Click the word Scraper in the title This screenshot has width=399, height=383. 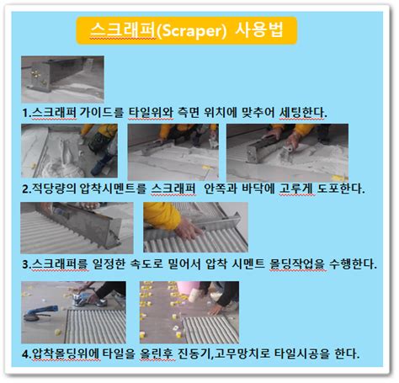pyautogui.click(x=190, y=30)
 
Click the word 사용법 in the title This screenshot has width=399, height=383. pyautogui.click(x=258, y=29)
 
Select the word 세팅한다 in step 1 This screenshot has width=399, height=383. pyautogui.click(x=303, y=113)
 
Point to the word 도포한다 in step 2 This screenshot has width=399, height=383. pyautogui.click(x=341, y=189)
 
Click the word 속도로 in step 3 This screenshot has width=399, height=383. pyautogui.click(x=146, y=264)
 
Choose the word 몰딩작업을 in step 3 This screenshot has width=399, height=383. pyautogui.click(x=297, y=264)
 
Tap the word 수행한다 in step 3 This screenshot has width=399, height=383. pyautogui.click(x=353, y=264)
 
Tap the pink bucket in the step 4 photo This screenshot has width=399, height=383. pyautogui.click(x=187, y=287)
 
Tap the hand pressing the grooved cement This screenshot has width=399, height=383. pyautogui.click(x=188, y=229)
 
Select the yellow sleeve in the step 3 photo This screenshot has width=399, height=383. pyautogui.click(x=162, y=215)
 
